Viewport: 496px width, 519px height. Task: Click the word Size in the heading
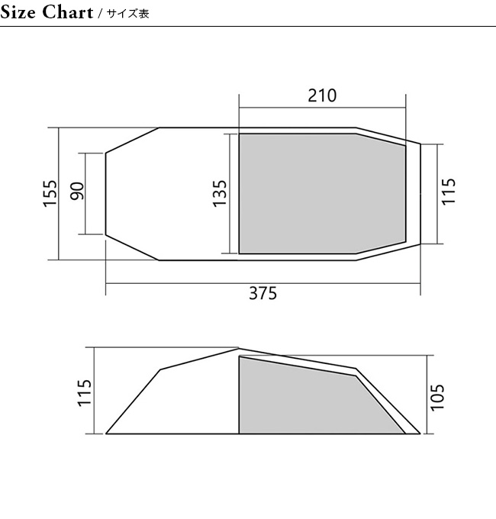tap(18, 12)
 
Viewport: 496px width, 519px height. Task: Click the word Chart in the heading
tap(68, 12)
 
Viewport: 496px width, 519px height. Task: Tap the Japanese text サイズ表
tap(128, 14)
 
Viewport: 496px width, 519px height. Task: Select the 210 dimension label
tap(322, 95)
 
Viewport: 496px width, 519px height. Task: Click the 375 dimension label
tap(262, 293)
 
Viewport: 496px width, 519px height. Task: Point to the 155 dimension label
tap(50, 194)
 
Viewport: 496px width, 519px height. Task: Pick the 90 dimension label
tap(77, 191)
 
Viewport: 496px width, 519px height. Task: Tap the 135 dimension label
tap(219, 194)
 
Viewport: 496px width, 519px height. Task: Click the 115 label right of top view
tap(449, 192)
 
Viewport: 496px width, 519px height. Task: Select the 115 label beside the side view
tap(84, 393)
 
